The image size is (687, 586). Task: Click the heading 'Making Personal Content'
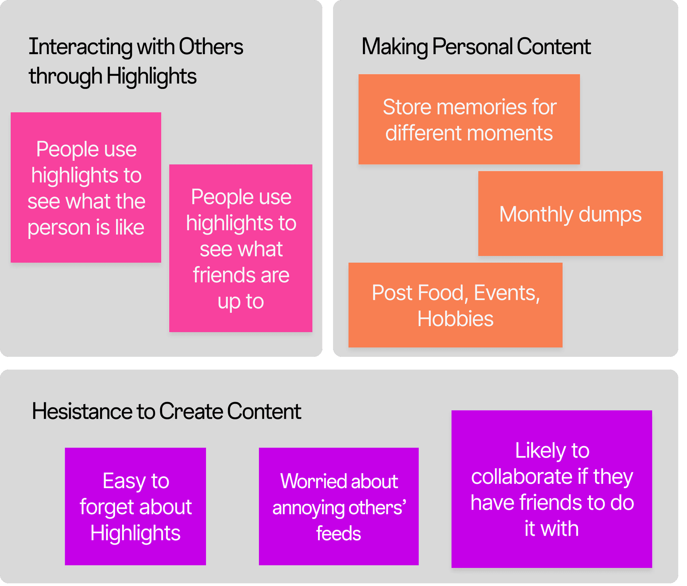476,47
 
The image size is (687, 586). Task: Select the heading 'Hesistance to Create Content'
166,411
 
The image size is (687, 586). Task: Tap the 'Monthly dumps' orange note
570,213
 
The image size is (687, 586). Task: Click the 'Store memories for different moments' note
469,119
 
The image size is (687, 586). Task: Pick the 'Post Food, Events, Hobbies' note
455,305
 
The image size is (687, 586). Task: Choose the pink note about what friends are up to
241,248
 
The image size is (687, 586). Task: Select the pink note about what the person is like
86,187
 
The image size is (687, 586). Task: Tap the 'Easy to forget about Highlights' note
135,506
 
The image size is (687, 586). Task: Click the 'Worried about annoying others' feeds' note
338,506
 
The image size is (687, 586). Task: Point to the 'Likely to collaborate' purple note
551,489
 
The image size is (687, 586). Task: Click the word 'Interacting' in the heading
81,47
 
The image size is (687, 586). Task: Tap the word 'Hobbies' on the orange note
455,319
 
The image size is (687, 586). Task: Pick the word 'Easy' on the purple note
123,481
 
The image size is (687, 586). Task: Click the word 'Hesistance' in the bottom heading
82,411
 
